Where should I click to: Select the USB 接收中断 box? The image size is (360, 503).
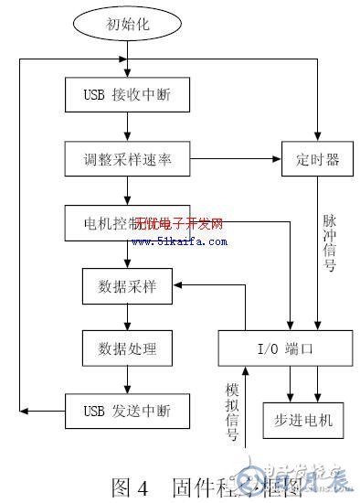pyautogui.click(x=128, y=94)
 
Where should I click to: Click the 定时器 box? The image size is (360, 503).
pyautogui.click(x=317, y=159)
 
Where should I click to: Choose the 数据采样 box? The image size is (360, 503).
pyautogui.click(x=128, y=286)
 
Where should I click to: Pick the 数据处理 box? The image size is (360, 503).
pyautogui.click(x=128, y=348)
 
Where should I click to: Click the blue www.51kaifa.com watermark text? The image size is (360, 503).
pyautogui.click(x=179, y=241)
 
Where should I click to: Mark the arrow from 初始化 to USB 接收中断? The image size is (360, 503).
pyautogui.click(x=128, y=60)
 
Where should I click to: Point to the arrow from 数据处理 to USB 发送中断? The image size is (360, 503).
pyautogui.click(x=128, y=379)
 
